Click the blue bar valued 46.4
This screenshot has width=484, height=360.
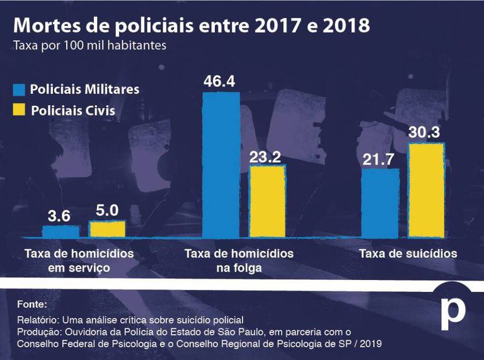click(221, 164)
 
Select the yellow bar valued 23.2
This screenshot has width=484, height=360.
click(268, 200)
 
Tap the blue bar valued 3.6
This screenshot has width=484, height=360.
click(60, 231)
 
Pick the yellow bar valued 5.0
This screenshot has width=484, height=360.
click(107, 229)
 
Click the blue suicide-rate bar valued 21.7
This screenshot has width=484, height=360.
click(379, 202)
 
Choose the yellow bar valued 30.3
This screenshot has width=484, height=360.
click(427, 190)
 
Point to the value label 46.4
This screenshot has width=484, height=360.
click(219, 81)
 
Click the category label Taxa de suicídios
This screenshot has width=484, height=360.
click(408, 254)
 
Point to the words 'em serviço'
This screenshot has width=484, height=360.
click(79, 268)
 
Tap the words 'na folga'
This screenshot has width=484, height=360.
click(238, 268)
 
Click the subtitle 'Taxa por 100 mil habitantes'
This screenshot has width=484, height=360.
click(89, 45)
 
